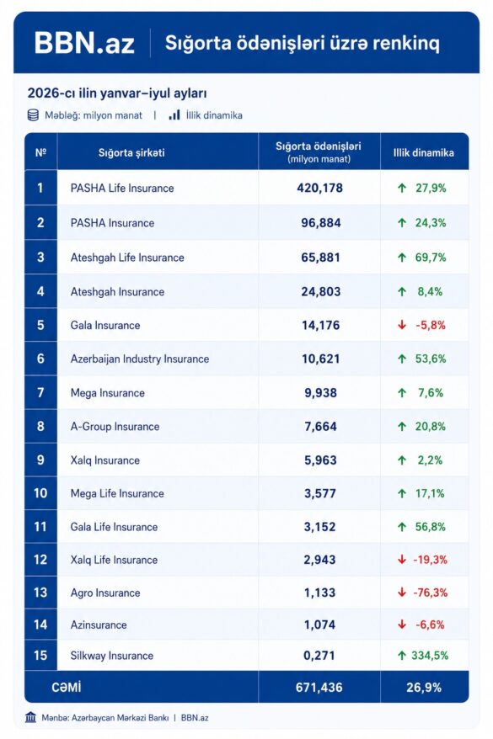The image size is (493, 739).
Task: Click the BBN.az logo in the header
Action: point(84,43)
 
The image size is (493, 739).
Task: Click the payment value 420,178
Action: point(320,188)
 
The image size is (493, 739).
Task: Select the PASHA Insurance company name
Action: point(112,223)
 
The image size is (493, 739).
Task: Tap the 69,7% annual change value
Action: point(431,258)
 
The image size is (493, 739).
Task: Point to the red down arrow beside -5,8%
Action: point(402,325)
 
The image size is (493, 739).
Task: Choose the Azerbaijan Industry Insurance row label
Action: point(140,359)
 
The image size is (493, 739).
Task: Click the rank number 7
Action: point(40,392)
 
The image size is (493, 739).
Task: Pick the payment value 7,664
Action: point(321,427)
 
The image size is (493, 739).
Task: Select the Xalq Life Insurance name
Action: point(114,560)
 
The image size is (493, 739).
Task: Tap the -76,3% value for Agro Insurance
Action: point(431,593)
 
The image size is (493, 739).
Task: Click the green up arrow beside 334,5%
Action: point(402,655)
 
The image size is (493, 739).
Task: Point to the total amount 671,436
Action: point(319,688)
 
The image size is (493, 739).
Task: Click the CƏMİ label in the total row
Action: point(67,688)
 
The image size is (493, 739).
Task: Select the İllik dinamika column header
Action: point(424,152)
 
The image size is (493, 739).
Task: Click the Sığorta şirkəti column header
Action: point(131,152)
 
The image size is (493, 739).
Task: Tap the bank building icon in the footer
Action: point(31,717)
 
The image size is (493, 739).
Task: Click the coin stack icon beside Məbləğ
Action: point(33,115)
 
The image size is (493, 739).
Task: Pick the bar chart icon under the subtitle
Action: point(174,115)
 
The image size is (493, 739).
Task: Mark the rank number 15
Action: point(40,655)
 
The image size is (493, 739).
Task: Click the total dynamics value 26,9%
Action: point(424,688)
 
